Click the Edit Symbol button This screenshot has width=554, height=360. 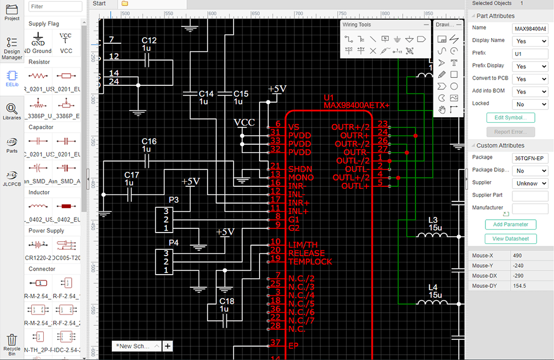(510, 118)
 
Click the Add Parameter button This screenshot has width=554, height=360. (510, 224)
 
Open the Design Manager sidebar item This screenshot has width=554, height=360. (12, 48)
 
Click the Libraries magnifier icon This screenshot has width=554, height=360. (12, 110)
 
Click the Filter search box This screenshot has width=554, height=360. (55, 6)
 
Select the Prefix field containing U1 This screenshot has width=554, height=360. (530, 54)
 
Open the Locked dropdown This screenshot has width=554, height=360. (530, 104)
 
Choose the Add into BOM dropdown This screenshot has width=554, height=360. (530, 92)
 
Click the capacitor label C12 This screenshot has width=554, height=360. (149, 40)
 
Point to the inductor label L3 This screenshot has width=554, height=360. (433, 220)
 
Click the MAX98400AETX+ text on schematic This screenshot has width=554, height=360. (357, 106)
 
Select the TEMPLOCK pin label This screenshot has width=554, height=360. (310, 261)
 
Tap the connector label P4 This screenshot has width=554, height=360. (173, 242)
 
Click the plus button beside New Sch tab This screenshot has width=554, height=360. (167, 346)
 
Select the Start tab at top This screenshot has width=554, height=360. (99, 3)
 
